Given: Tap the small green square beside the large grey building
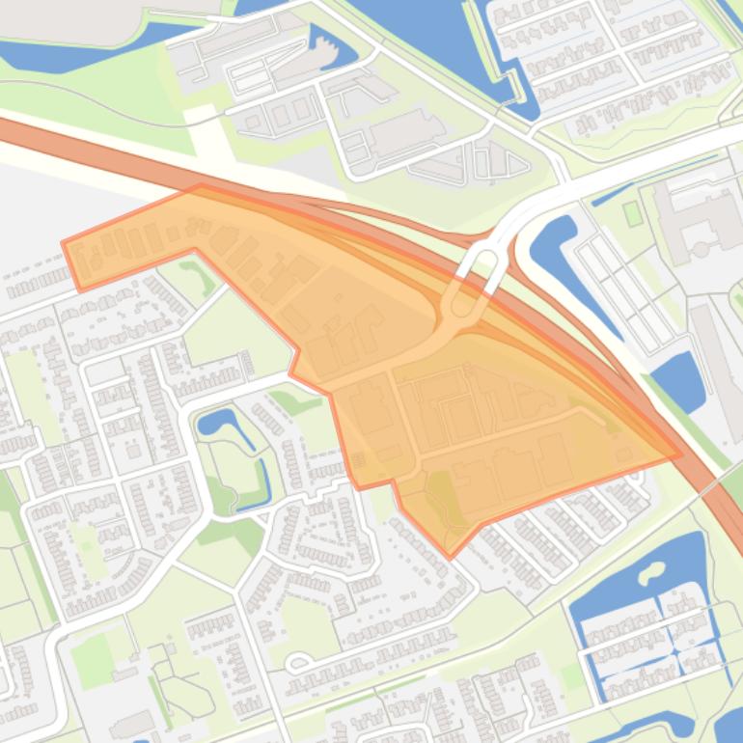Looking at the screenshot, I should pos(633,212).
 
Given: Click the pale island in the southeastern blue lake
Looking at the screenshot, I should pos(649,575).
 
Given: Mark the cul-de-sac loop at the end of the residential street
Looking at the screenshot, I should pos(297,662).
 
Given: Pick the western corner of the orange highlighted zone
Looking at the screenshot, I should pos(65,243).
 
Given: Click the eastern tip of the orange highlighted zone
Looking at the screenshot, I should pos(679,454).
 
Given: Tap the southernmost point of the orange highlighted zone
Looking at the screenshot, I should pos(449,557).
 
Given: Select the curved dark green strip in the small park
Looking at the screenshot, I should pos(205,281).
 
